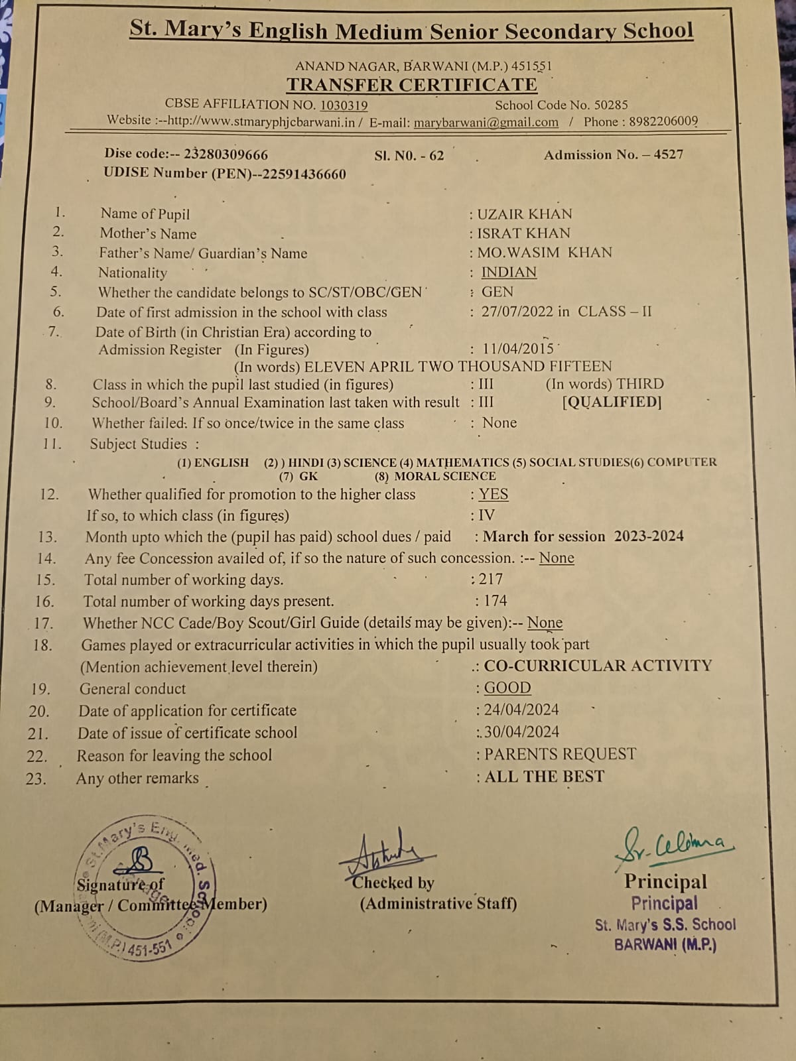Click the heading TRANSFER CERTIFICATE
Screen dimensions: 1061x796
[411, 85]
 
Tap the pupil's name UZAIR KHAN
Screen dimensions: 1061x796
[524, 214]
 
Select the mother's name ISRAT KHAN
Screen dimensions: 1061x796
[523, 233]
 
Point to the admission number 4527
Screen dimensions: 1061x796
[668, 155]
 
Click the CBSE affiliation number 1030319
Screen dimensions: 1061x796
[344, 105]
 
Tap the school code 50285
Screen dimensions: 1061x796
[610, 105]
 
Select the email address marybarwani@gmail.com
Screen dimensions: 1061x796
[486, 122]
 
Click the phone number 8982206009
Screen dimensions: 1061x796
[663, 121]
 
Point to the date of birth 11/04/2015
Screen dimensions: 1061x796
[518, 349]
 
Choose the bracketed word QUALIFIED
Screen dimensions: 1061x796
[612, 402]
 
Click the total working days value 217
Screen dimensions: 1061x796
[491, 579]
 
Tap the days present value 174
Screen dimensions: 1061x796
[495, 601]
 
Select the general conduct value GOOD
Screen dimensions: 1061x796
[507, 688]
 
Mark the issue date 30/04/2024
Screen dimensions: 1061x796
[521, 731]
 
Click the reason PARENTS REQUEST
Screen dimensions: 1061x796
[560, 754]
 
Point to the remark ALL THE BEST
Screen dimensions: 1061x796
[544, 777]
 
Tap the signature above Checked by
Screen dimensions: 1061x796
[383, 852]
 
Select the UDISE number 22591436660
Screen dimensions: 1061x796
[304, 174]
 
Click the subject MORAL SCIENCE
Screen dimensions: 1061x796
[444, 476]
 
